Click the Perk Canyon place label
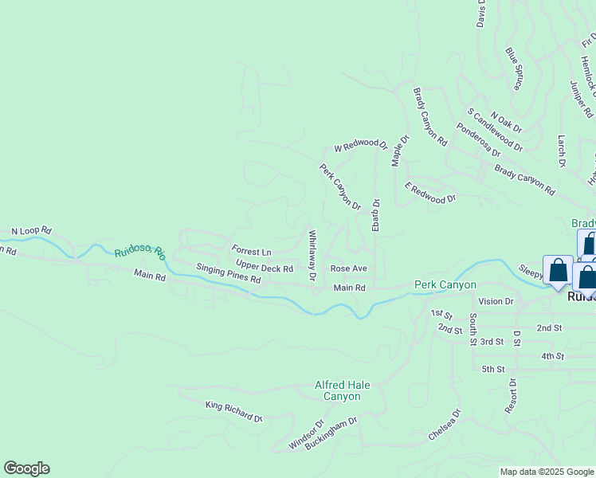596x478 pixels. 445,284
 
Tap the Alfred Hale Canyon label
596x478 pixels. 342,390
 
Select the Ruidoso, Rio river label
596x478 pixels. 139,252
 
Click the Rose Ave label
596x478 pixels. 348,268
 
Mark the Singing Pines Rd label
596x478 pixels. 229,275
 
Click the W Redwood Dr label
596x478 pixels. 360,146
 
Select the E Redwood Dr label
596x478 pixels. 430,192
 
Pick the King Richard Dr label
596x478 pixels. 233,412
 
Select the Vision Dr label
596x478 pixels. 497,301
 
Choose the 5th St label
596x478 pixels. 493,369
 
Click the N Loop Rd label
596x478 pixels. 31,232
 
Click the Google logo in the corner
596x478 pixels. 26,468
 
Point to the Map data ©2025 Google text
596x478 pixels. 547,472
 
